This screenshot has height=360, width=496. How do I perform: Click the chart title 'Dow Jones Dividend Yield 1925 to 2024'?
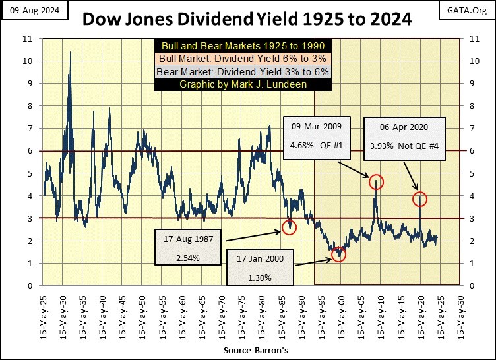[x=247, y=19]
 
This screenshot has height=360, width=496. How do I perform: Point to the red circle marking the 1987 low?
[x=289, y=227]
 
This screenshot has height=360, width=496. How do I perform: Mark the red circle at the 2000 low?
[x=338, y=255]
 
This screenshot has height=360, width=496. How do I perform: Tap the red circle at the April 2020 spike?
[x=420, y=198]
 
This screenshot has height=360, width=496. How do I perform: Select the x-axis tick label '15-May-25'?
[x=43, y=316]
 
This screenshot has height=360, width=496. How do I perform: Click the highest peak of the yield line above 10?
[x=71, y=52]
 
